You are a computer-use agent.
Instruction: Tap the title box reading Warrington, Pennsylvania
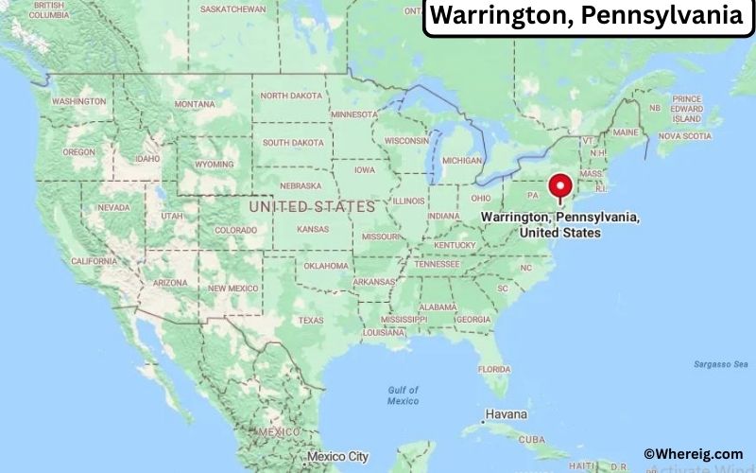[587, 17]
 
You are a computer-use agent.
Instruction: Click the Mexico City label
[337, 457]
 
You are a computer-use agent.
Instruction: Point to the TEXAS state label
[311, 320]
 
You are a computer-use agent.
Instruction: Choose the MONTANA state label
[195, 104]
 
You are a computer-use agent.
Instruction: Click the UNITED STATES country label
[311, 205]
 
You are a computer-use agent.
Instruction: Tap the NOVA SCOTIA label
[683, 136]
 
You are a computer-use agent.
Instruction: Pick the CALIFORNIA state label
[94, 261]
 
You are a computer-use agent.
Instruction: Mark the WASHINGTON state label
[78, 101]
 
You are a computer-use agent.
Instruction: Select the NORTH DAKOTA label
[292, 96]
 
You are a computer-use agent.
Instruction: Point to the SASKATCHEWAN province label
[232, 9]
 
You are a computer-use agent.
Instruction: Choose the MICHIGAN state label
[463, 160]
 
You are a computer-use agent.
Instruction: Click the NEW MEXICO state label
[232, 288]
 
